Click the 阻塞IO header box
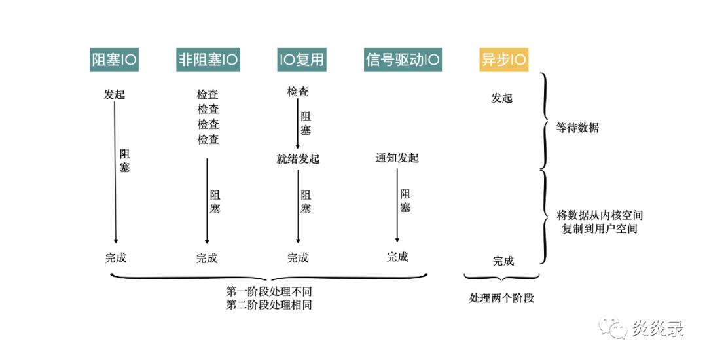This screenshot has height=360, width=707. point(115,60)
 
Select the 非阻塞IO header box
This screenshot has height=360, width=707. point(208,60)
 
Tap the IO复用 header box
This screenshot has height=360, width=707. point(300,60)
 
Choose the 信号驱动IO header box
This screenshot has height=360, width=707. point(403,60)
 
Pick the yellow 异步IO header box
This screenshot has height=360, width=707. point(503,60)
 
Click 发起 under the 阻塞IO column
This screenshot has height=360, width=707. point(114,94)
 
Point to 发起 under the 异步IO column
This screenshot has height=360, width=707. point(502,98)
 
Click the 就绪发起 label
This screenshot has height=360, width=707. point(298,158)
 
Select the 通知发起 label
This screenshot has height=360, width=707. point(397,158)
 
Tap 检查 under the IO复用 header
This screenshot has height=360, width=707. point(298,92)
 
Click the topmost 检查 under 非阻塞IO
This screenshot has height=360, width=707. point(208,94)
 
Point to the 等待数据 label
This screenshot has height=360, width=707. point(577,128)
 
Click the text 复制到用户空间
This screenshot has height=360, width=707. point(600,229)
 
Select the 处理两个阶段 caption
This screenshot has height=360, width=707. point(502,298)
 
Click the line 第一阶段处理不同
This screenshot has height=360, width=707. point(269,291)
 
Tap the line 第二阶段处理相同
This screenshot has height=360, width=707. point(269,304)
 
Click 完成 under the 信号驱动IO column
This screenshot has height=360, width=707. point(397,257)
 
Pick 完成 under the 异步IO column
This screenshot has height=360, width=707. point(503,261)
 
